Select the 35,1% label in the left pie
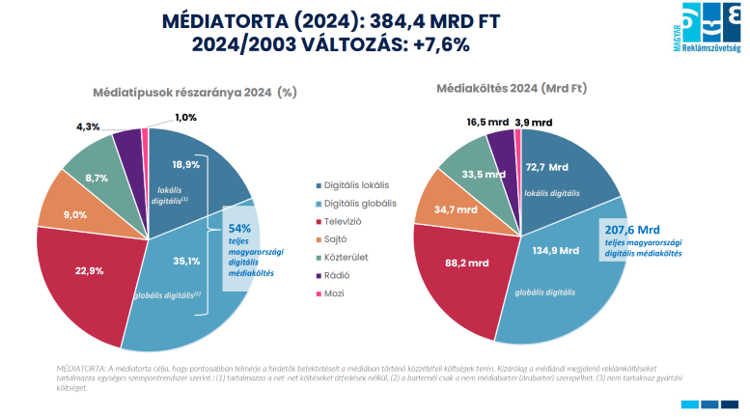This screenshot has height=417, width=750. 185,260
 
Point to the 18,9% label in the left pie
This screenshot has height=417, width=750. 185,164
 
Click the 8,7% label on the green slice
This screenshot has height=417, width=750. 96,179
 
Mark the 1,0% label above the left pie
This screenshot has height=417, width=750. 185,118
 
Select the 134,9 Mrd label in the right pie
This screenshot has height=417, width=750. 555,250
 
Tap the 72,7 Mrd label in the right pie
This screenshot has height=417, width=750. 549,166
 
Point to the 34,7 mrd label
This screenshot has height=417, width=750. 457,209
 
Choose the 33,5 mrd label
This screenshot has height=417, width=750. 480,175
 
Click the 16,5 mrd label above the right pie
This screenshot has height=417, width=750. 485,123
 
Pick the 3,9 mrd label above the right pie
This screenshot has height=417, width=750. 534,123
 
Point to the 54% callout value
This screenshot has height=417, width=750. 239,228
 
